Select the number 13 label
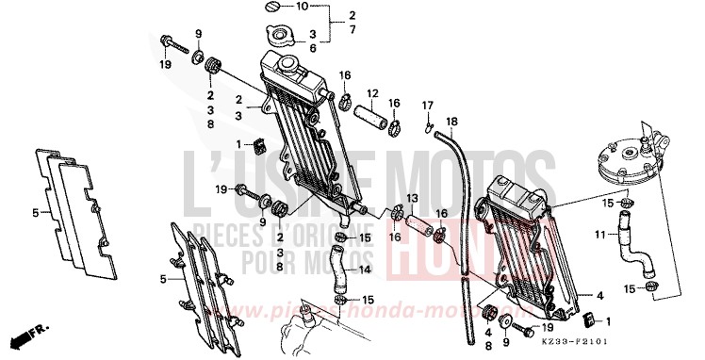tap(412, 198)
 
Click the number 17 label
tap(427, 104)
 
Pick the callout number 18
tap(451, 122)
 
